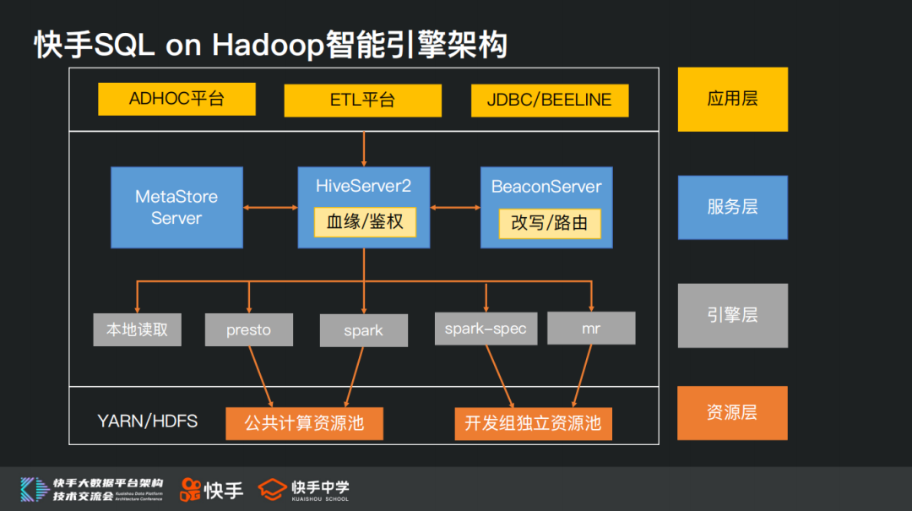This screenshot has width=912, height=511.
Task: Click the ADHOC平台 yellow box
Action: pyautogui.click(x=176, y=99)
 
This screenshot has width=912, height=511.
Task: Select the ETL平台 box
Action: pyautogui.click(x=362, y=100)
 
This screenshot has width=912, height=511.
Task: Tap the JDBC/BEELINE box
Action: pyautogui.click(x=549, y=100)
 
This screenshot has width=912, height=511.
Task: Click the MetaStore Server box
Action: pyautogui.click(x=176, y=207)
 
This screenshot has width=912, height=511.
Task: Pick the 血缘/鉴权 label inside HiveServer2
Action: pyautogui.click(x=365, y=222)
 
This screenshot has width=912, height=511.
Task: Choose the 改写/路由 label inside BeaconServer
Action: pyautogui.click(x=549, y=224)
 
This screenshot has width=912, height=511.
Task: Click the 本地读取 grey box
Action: pyautogui.click(x=137, y=329)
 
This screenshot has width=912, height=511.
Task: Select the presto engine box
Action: pyautogui.click(x=249, y=329)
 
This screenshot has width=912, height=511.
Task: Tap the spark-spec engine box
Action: pyautogui.click(x=486, y=329)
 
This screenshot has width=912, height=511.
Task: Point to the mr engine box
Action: pyautogui.click(x=591, y=328)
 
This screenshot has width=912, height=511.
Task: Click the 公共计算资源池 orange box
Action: pyautogui.click(x=304, y=423)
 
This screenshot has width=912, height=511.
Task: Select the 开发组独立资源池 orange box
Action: pyautogui.click(x=533, y=423)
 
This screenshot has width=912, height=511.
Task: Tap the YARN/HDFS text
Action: pyautogui.click(x=148, y=421)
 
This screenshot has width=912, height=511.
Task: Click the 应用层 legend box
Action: pyautogui.click(x=732, y=99)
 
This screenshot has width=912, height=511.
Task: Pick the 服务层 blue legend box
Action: pyautogui.click(x=732, y=207)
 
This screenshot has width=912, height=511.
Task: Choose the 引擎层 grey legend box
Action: pyautogui.click(x=732, y=315)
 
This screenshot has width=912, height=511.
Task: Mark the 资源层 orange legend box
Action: pyautogui.click(x=732, y=413)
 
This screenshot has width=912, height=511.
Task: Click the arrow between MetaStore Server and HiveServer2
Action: pyautogui.click(x=270, y=207)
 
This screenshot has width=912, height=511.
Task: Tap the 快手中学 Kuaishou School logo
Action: pyautogui.click(x=304, y=489)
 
